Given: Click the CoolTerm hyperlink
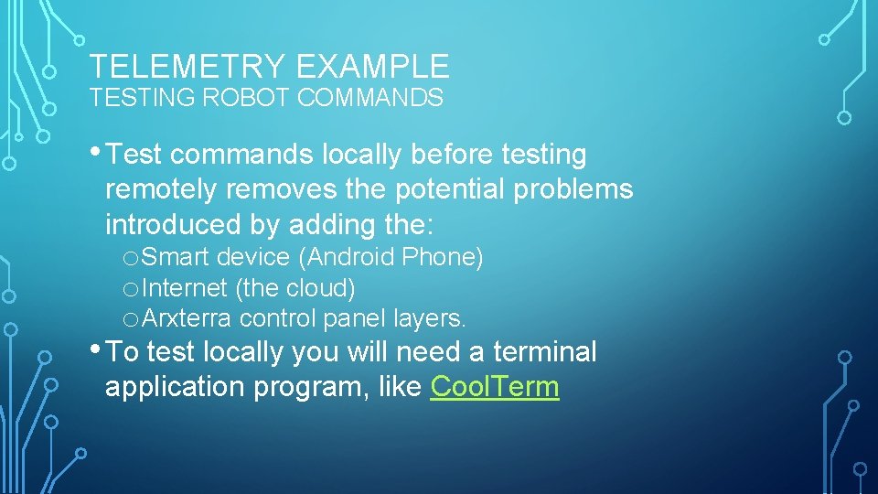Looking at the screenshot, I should click(494, 387).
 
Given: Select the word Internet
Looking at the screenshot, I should click(186, 288).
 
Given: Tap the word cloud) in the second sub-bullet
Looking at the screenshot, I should click(320, 288).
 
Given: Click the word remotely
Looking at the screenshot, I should click(163, 189).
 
